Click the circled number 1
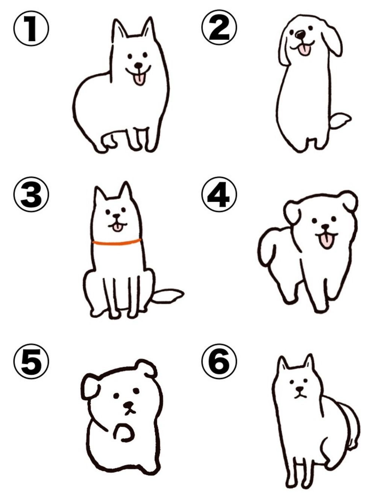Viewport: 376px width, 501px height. click(31, 28)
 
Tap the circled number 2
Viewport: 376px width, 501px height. click(219, 27)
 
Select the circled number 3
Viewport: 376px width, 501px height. click(31, 194)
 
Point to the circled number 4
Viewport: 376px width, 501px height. click(219, 194)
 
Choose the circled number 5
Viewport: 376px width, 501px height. click(31, 361)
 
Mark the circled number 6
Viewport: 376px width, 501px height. click(219, 361)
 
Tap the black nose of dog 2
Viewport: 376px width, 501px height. click(300, 35)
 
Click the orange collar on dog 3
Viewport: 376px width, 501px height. click(117, 242)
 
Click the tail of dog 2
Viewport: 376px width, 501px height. click(340, 120)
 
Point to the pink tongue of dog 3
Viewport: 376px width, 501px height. click(118, 228)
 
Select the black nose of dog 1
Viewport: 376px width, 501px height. click(138, 65)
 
